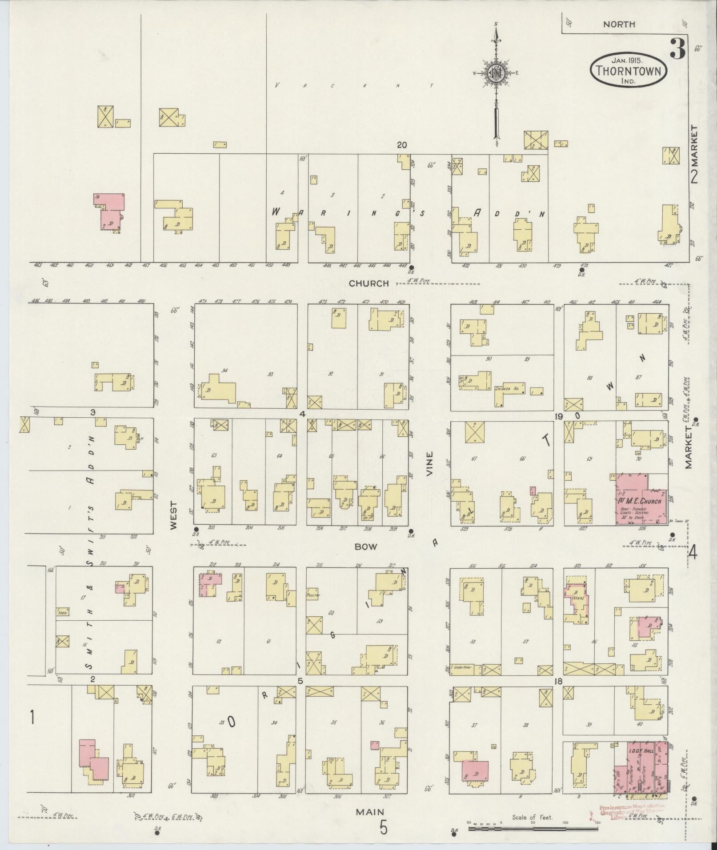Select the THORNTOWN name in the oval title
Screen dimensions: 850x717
pos(628,71)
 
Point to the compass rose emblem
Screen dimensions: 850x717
pos(495,74)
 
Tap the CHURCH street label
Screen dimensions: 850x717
pos(369,283)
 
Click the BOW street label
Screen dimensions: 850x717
pos(365,547)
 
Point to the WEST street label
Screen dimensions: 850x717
pos(173,515)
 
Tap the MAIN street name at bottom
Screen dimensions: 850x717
pos(370,812)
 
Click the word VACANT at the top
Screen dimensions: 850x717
pos(353,85)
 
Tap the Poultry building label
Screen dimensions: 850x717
pos(313,594)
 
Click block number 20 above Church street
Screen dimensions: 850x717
pos(402,145)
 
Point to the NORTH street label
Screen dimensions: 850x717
pos(619,25)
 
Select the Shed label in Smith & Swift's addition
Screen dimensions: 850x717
pos(62,612)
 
